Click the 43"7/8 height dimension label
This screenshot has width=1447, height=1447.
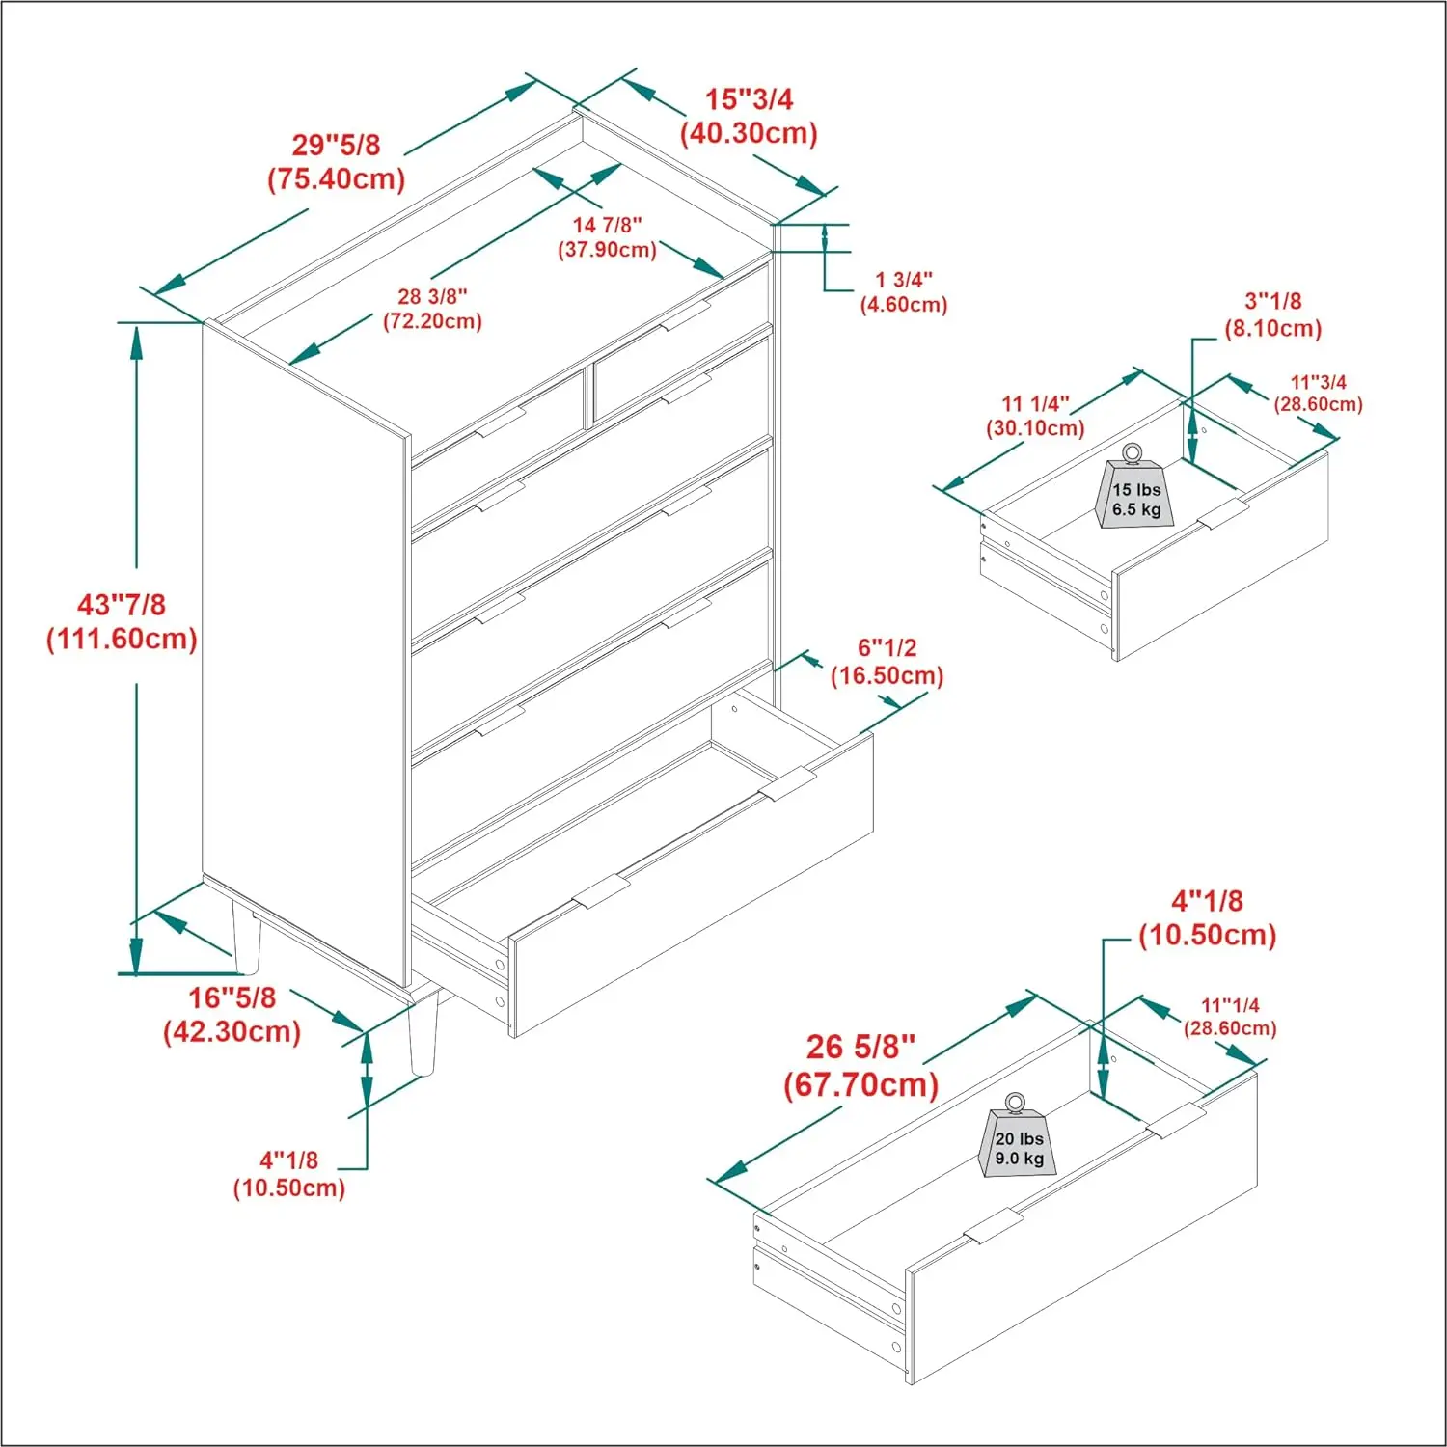point(122,621)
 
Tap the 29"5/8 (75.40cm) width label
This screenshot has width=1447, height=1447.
point(336,162)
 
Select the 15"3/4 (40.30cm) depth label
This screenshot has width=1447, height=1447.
point(749,116)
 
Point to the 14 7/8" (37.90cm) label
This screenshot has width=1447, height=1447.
point(607,237)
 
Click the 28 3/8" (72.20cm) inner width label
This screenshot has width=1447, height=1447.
point(432,309)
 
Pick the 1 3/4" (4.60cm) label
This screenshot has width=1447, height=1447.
point(904,292)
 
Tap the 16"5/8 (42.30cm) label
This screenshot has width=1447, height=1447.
point(232,1014)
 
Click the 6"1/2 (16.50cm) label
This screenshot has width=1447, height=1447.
point(887,662)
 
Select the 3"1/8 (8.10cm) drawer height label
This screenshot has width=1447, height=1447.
point(1272,314)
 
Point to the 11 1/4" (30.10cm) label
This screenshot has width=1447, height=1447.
point(1035,416)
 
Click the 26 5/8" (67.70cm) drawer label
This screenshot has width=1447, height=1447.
point(860,1065)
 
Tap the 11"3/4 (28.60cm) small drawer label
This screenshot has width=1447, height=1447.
point(1318,394)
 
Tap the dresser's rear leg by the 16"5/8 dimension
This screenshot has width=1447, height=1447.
point(246,936)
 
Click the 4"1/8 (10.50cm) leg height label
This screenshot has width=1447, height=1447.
point(288,1173)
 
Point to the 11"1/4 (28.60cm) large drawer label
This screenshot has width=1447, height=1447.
point(1229,1017)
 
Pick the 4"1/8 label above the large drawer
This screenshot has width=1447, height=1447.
point(1207,917)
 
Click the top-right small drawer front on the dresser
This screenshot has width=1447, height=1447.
point(680,373)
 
